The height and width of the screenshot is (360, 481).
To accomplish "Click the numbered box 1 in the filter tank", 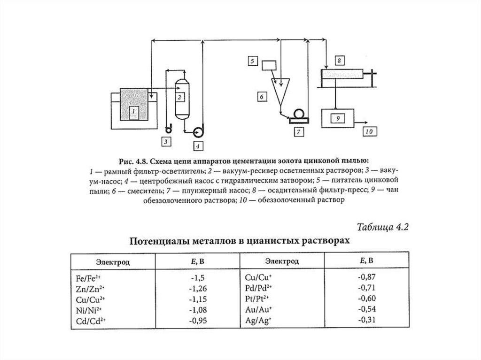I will (134, 112).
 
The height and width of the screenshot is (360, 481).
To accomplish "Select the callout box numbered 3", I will (165, 140).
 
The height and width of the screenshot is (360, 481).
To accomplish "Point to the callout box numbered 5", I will (252, 61).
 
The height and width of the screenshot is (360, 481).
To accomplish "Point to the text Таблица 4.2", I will (383, 228).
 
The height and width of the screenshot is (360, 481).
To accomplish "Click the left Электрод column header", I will (113, 261).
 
